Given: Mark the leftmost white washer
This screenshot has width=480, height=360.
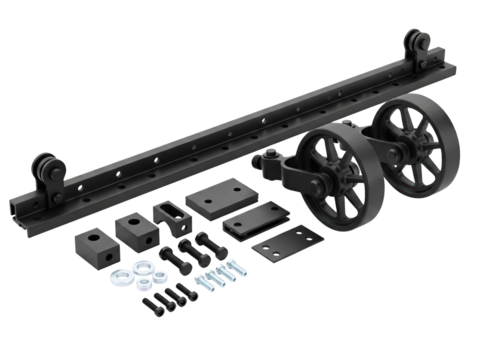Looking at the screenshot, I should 118,274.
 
